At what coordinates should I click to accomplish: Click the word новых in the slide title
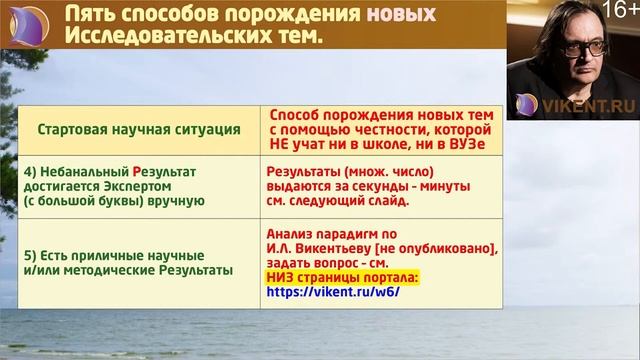click(401, 14)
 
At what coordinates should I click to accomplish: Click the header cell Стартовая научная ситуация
click(138, 129)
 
